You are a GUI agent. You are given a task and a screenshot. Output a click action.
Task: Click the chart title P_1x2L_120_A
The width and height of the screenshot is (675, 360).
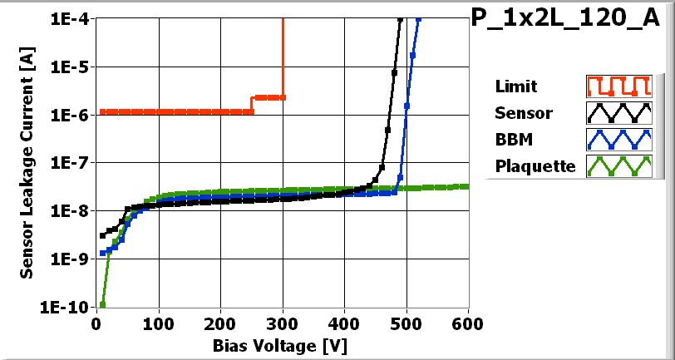tap(571, 19)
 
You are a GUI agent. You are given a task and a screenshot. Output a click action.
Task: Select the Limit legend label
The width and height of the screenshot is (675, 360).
tap(515, 86)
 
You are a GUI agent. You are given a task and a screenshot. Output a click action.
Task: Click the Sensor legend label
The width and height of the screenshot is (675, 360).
tap(523, 113)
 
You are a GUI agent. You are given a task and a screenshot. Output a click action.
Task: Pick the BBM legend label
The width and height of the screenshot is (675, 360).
tap(512, 139)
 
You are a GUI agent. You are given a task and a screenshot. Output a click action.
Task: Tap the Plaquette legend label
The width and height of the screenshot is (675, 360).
tap(535, 165)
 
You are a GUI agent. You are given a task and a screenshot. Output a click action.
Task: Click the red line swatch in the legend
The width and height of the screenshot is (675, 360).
tap(617, 86)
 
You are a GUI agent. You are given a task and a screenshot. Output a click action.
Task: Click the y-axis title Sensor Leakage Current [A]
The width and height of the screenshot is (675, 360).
tap(27, 162)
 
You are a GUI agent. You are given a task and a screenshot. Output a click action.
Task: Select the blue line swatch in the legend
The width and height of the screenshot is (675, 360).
tap(617, 139)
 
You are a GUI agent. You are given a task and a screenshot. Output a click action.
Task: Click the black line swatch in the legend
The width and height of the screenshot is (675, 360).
tap(617, 113)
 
